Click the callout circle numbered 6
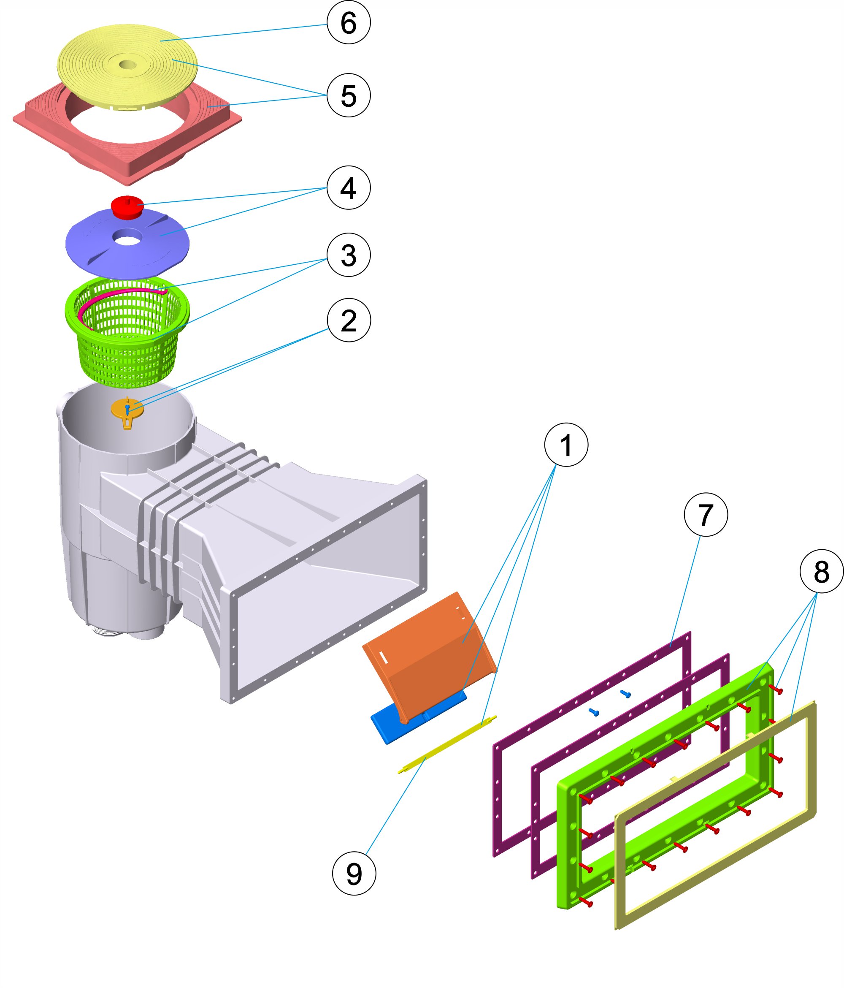click(x=349, y=22)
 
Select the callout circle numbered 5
click(x=349, y=95)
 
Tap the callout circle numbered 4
click(x=349, y=187)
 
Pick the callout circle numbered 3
click(x=349, y=255)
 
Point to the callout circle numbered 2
click(x=349, y=320)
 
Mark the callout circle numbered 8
click(x=821, y=571)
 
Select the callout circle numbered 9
click(x=354, y=873)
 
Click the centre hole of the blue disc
click(x=128, y=238)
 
